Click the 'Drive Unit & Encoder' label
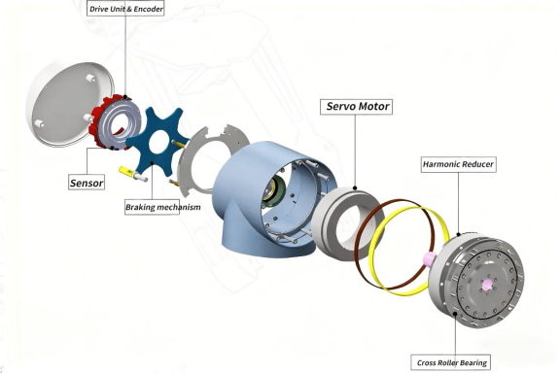coord(125,9)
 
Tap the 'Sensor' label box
coord(87,183)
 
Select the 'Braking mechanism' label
coord(163,207)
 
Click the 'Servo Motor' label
coord(357,107)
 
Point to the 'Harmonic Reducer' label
coord(458,164)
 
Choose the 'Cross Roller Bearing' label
coord(451,362)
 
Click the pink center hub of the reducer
coord(486,285)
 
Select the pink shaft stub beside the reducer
coord(428,258)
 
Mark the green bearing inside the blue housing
coord(275,191)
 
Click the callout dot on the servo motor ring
coord(355,187)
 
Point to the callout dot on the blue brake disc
coord(152,163)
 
